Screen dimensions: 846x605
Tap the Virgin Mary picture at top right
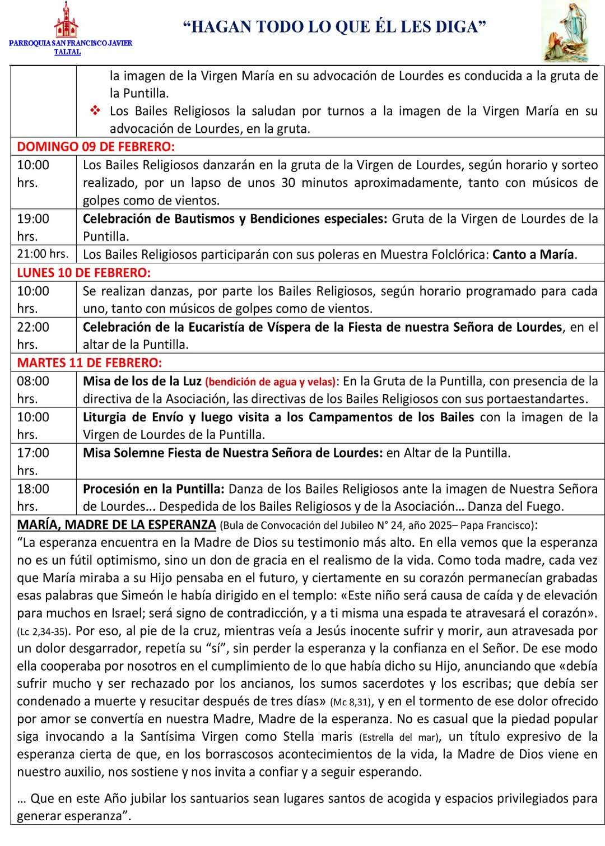pyautogui.click(x=570, y=32)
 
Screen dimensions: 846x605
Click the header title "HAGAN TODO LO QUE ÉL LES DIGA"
pyautogui.click(x=335, y=26)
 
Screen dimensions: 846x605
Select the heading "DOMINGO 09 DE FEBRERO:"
pyautogui.click(x=96, y=147)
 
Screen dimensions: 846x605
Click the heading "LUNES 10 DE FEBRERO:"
pyautogui.click(x=84, y=273)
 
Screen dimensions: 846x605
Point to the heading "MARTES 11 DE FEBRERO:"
pyautogui.click(x=90, y=362)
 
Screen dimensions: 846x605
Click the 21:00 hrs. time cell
pyautogui.click(x=43, y=254)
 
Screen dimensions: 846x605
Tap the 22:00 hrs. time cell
pyautogui.click(x=33, y=335)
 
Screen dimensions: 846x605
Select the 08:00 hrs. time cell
pyautogui.click(x=33, y=389)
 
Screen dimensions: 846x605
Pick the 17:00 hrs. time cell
pyautogui.click(x=33, y=461)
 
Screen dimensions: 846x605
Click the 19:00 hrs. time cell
pyautogui.click(x=33, y=227)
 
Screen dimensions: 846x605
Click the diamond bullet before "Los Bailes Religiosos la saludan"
pyautogui.click(x=95, y=111)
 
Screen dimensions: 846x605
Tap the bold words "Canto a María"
pyautogui.click(x=533, y=254)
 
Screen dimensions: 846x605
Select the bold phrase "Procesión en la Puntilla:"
pyautogui.click(x=153, y=489)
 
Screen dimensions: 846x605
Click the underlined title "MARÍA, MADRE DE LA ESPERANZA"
pyautogui.click(x=117, y=524)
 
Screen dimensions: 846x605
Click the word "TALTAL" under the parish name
pyautogui.click(x=67, y=52)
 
